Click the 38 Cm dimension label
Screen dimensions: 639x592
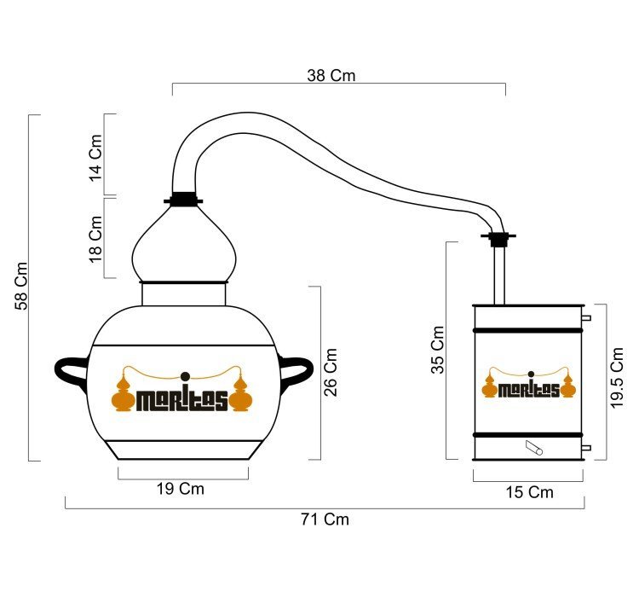pos(331,75)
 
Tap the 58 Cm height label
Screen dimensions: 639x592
pos(21,286)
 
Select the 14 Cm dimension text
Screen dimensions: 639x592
pos(95,158)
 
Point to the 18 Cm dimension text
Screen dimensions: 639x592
pos(95,240)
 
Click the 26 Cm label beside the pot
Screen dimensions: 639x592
pos(331,373)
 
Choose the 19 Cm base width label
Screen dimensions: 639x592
pos(181,489)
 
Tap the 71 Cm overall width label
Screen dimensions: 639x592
pos(325,519)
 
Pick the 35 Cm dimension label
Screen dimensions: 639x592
pos(438,350)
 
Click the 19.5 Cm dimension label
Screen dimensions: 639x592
pos(618,377)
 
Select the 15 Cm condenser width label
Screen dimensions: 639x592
pos(529,492)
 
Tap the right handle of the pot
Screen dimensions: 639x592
pos(296,372)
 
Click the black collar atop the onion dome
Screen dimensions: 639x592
pos(183,199)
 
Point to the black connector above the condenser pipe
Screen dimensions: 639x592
pos(498,239)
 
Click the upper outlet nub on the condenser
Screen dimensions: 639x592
pos(586,317)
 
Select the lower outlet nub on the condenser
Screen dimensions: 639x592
pos(586,448)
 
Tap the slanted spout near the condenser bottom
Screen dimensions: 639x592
pos(534,448)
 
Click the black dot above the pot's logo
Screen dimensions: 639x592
pos(185,376)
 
